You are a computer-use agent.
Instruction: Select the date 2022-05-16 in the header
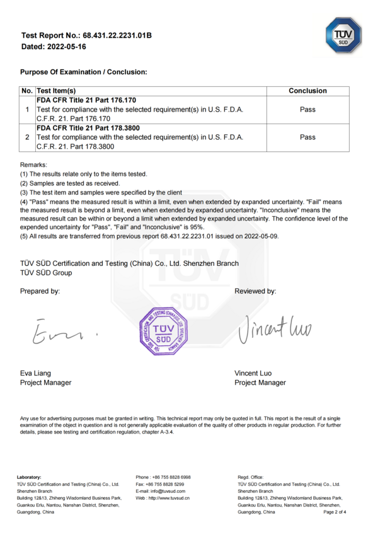click(x=66, y=47)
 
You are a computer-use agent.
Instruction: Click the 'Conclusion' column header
click(x=307, y=91)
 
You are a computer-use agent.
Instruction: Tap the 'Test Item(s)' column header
click(x=57, y=91)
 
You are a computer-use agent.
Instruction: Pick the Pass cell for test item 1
click(x=307, y=109)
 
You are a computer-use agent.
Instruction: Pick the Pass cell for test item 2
click(x=307, y=137)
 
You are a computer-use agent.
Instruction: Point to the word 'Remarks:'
click(x=33, y=164)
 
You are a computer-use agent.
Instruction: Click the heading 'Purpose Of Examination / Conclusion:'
click(x=84, y=72)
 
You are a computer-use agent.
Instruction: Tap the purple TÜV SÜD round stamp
click(x=164, y=331)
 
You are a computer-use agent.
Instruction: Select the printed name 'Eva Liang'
click(x=36, y=373)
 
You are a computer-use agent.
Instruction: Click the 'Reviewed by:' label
click(x=255, y=291)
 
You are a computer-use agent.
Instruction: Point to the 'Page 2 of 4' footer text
click(x=335, y=512)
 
